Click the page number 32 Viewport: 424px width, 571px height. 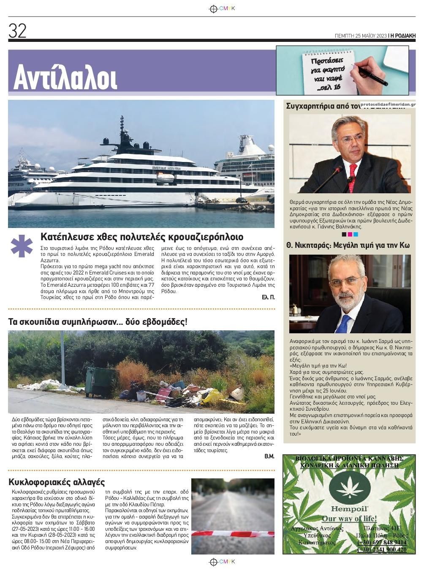[x=17, y=31]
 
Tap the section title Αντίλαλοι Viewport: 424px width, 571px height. [x=65, y=77]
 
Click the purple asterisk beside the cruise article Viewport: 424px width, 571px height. [x=22, y=246]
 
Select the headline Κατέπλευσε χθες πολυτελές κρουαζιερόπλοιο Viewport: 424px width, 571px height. [x=142, y=236]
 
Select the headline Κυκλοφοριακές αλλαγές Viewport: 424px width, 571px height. [x=57, y=482]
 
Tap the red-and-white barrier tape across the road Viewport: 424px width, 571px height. [x=233, y=534]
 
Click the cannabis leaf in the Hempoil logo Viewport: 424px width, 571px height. [x=349, y=487]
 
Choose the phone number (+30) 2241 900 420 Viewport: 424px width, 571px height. [x=382, y=549]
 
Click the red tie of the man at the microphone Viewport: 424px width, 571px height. [x=353, y=171]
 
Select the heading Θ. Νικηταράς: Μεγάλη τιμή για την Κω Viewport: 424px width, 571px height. [x=348, y=245]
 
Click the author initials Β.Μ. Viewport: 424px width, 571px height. [x=269, y=456]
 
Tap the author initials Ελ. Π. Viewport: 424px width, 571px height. [x=268, y=298]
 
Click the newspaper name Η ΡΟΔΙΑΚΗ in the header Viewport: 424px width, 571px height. [x=403, y=36]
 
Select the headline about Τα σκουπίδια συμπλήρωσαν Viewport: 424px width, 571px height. [x=98, y=322]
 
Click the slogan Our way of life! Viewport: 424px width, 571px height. [x=349, y=519]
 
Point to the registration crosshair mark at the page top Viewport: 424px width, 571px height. [x=213, y=8]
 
